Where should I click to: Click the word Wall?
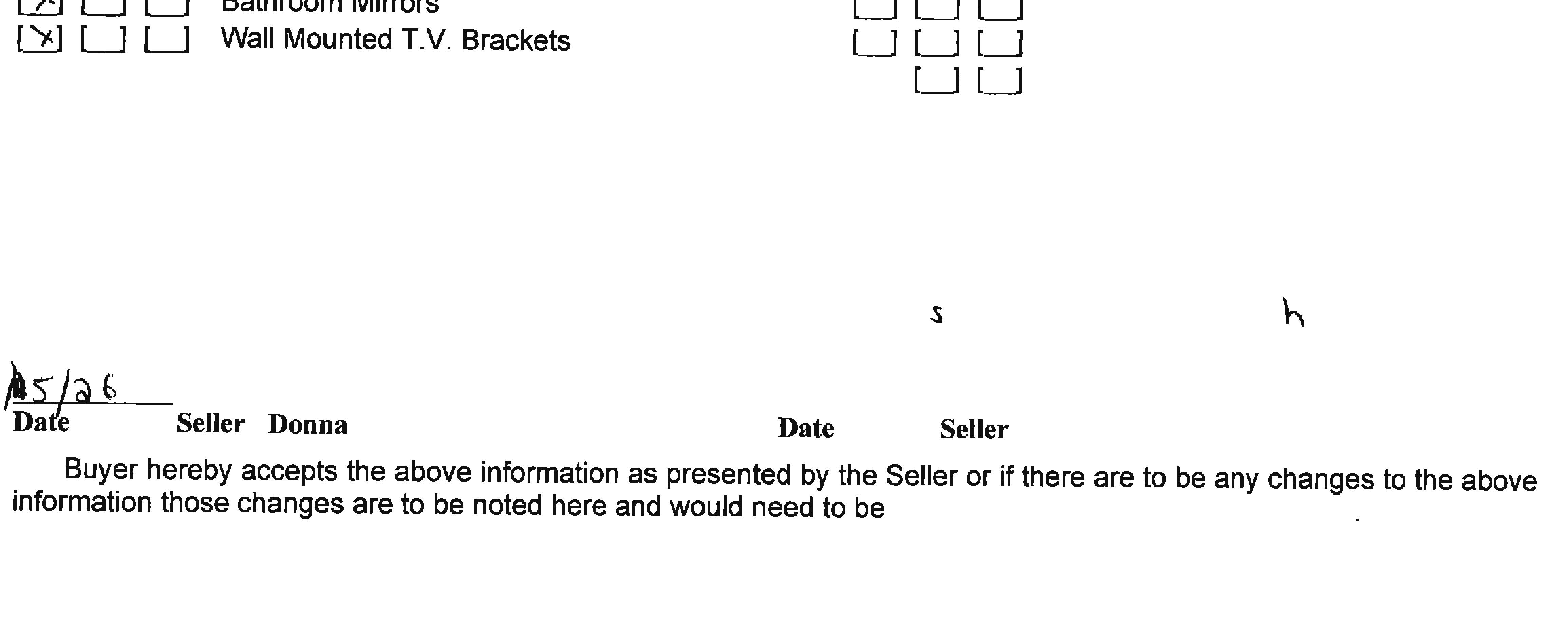click(247, 39)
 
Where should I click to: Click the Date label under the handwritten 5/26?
click(41, 422)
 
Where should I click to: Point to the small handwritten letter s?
click(936, 313)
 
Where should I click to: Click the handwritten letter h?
click(1293, 313)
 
